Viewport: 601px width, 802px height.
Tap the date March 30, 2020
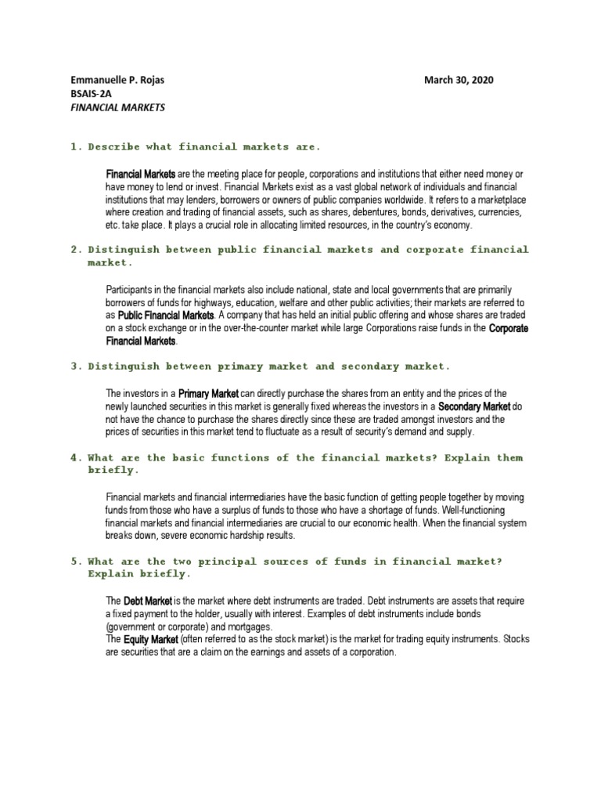pos(459,80)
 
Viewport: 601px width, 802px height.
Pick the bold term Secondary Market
pos(473,406)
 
